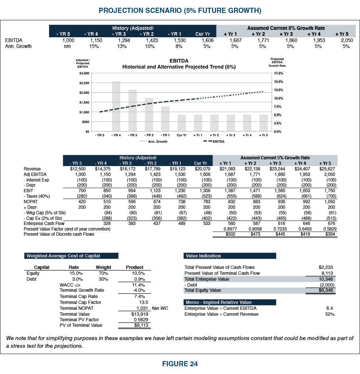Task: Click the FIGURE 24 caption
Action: [x=180, y=364]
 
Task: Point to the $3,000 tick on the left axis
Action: [x=84, y=73]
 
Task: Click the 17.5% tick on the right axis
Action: [x=278, y=73]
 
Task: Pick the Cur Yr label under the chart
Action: [x=181, y=135]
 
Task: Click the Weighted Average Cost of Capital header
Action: [x=71, y=256]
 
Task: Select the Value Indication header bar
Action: [x=229, y=256]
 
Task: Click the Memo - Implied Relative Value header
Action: [x=229, y=302]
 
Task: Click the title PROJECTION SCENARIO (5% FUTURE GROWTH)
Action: [x=180, y=11]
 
